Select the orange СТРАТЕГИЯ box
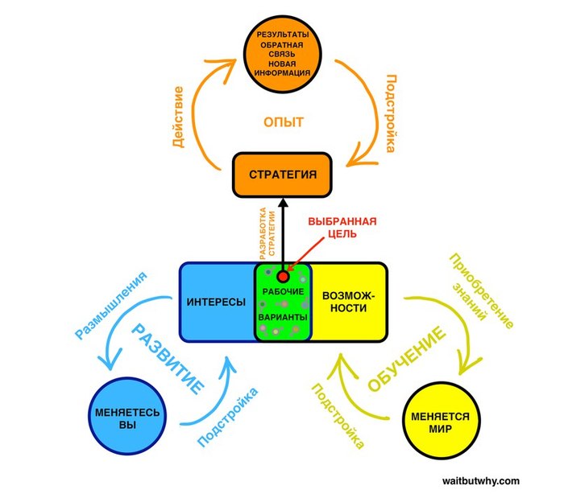(283, 175)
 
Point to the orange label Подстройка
(389, 113)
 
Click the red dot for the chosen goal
(282, 276)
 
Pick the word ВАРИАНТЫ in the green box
(282, 319)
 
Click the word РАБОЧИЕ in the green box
(282, 290)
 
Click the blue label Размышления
(110, 305)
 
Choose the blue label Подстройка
(228, 417)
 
